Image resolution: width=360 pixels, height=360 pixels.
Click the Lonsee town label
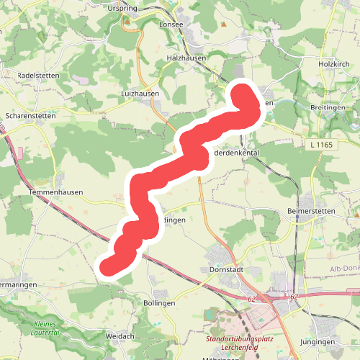pos(171,24)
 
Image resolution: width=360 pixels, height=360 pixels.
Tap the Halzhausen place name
pos(186,58)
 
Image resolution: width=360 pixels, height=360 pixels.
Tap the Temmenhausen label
pos(56,193)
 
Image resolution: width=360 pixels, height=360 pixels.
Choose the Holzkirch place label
pos(333,63)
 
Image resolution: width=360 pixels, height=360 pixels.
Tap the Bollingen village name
pos(159,304)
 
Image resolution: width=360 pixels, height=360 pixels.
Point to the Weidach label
pos(120,336)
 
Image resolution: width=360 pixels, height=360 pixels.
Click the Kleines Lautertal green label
pos(53,328)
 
